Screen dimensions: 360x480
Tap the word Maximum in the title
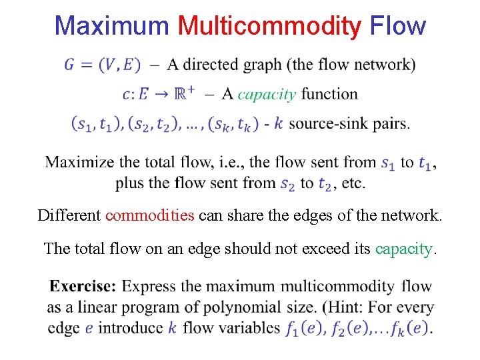pos(111,26)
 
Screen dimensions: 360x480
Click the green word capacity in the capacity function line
pos(266,94)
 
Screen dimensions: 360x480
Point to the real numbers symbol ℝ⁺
pos(183,93)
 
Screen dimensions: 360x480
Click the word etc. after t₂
pos(352,183)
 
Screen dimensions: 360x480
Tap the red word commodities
pos(150,215)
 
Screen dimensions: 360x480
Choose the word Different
pos(69,215)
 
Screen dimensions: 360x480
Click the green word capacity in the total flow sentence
pos(404,249)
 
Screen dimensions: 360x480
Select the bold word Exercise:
pos(83,287)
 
